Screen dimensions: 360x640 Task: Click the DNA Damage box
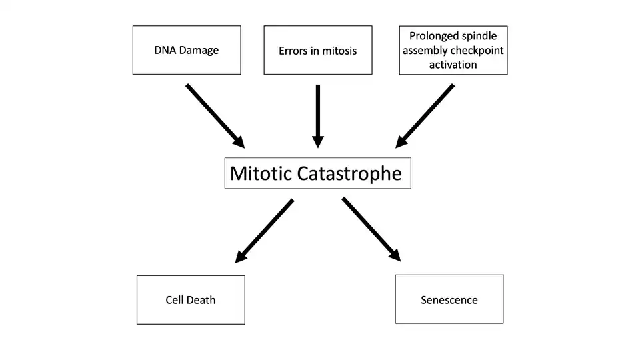coord(187,50)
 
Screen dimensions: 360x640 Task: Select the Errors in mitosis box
coord(317,50)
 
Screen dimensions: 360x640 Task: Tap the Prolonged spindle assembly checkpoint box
coord(453,50)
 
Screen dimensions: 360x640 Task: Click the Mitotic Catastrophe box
coord(317,173)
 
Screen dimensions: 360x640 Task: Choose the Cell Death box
coord(191,299)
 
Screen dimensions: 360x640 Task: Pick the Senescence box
coord(449,299)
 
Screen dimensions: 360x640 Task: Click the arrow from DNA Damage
coord(215,115)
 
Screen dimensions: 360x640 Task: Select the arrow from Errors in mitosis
coord(318,115)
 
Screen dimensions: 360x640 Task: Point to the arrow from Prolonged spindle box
coord(425,115)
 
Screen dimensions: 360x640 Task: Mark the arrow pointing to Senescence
coord(371,229)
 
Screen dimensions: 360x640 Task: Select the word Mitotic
coord(261,174)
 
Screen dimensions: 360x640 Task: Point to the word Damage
coord(199,50)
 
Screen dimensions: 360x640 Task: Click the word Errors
coord(294,51)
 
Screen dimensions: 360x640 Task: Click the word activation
coord(453,65)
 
